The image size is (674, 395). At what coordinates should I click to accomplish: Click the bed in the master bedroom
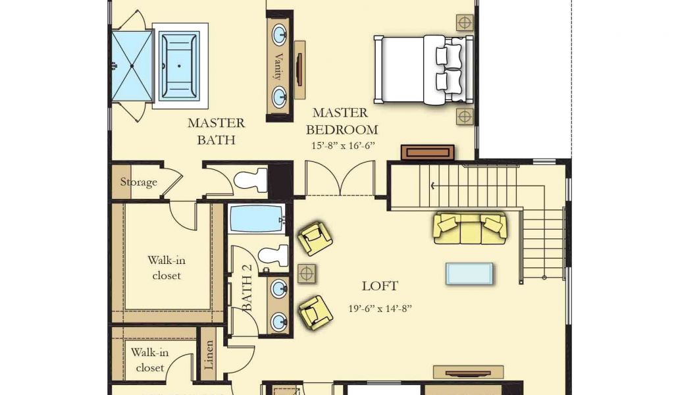click(424, 70)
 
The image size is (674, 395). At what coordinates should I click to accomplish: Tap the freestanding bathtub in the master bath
click(179, 66)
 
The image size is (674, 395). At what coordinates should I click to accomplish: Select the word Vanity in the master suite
click(278, 66)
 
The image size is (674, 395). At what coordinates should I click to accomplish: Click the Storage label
click(138, 182)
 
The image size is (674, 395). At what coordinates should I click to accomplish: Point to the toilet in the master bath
click(251, 180)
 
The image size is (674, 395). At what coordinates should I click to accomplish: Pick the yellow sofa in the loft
click(469, 228)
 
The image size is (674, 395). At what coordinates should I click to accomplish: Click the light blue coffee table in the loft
click(469, 274)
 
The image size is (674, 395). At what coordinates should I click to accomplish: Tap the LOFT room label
click(380, 286)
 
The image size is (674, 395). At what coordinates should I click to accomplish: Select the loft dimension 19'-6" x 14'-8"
click(380, 308)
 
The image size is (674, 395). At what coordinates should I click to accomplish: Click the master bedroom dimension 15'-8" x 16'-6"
click(343, 145)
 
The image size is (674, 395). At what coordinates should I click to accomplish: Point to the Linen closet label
click(209, 355)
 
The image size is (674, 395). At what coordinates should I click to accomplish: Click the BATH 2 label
click(247, 287)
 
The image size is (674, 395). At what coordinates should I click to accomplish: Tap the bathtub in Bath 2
click(257, 219)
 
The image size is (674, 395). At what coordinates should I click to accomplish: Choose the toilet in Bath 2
click(273, 256)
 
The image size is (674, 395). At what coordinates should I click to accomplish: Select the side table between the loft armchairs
click(307, 273)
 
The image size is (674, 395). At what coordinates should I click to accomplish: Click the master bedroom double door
click(340, 178)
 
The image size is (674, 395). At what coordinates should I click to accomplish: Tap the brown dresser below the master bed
click(428, 152)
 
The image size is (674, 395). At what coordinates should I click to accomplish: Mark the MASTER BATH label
click(216, 132)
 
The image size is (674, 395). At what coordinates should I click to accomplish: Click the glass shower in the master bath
click(132, 66)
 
